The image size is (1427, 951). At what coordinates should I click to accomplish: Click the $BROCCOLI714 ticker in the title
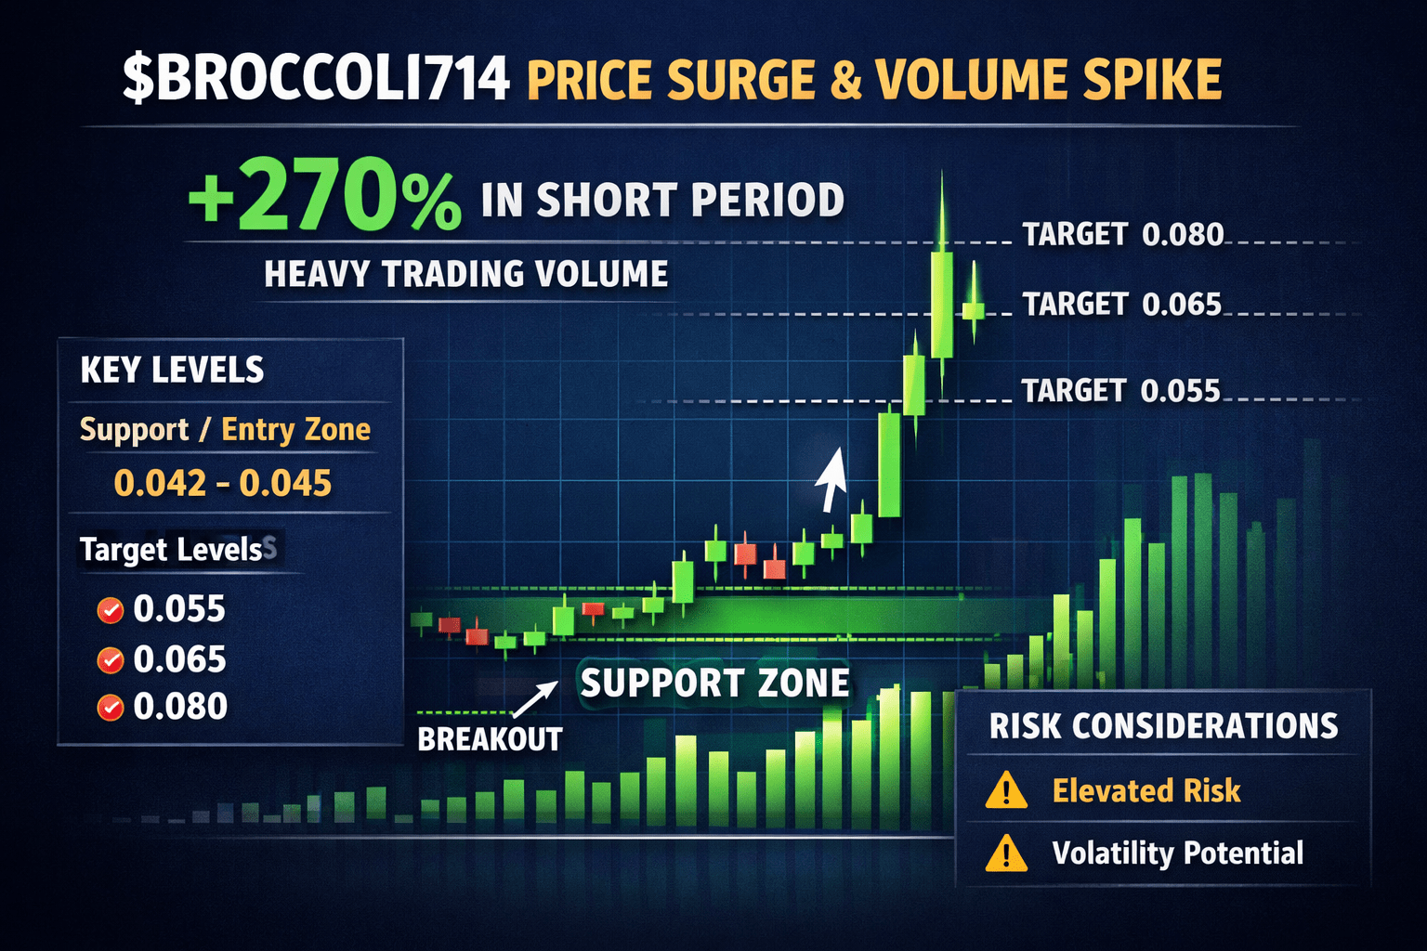316,80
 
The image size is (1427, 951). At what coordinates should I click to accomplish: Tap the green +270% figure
324,198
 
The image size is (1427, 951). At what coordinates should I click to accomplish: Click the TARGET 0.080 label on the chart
1122,235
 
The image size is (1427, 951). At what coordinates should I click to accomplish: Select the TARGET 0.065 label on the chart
1121,305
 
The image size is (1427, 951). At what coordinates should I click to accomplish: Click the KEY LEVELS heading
172,371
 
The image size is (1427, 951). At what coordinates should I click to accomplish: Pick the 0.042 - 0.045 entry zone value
222,484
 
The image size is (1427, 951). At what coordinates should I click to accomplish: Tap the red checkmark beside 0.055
111,610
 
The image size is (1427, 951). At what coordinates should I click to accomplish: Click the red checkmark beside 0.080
111,708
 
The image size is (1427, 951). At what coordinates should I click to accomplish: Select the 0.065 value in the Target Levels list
179,659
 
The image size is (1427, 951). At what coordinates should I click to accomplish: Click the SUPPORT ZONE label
714,684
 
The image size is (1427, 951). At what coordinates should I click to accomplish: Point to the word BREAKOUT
490,739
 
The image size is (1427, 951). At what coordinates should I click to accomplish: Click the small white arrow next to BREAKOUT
536,697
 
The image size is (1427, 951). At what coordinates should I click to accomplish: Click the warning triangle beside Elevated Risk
1006,792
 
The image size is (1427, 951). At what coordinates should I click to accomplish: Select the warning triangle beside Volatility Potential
1006,853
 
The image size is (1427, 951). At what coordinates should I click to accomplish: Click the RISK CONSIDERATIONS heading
1163,726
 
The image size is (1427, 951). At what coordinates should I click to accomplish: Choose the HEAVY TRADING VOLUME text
466,275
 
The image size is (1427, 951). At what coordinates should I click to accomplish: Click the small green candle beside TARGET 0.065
974,309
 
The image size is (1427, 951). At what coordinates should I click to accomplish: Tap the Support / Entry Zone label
225,430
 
